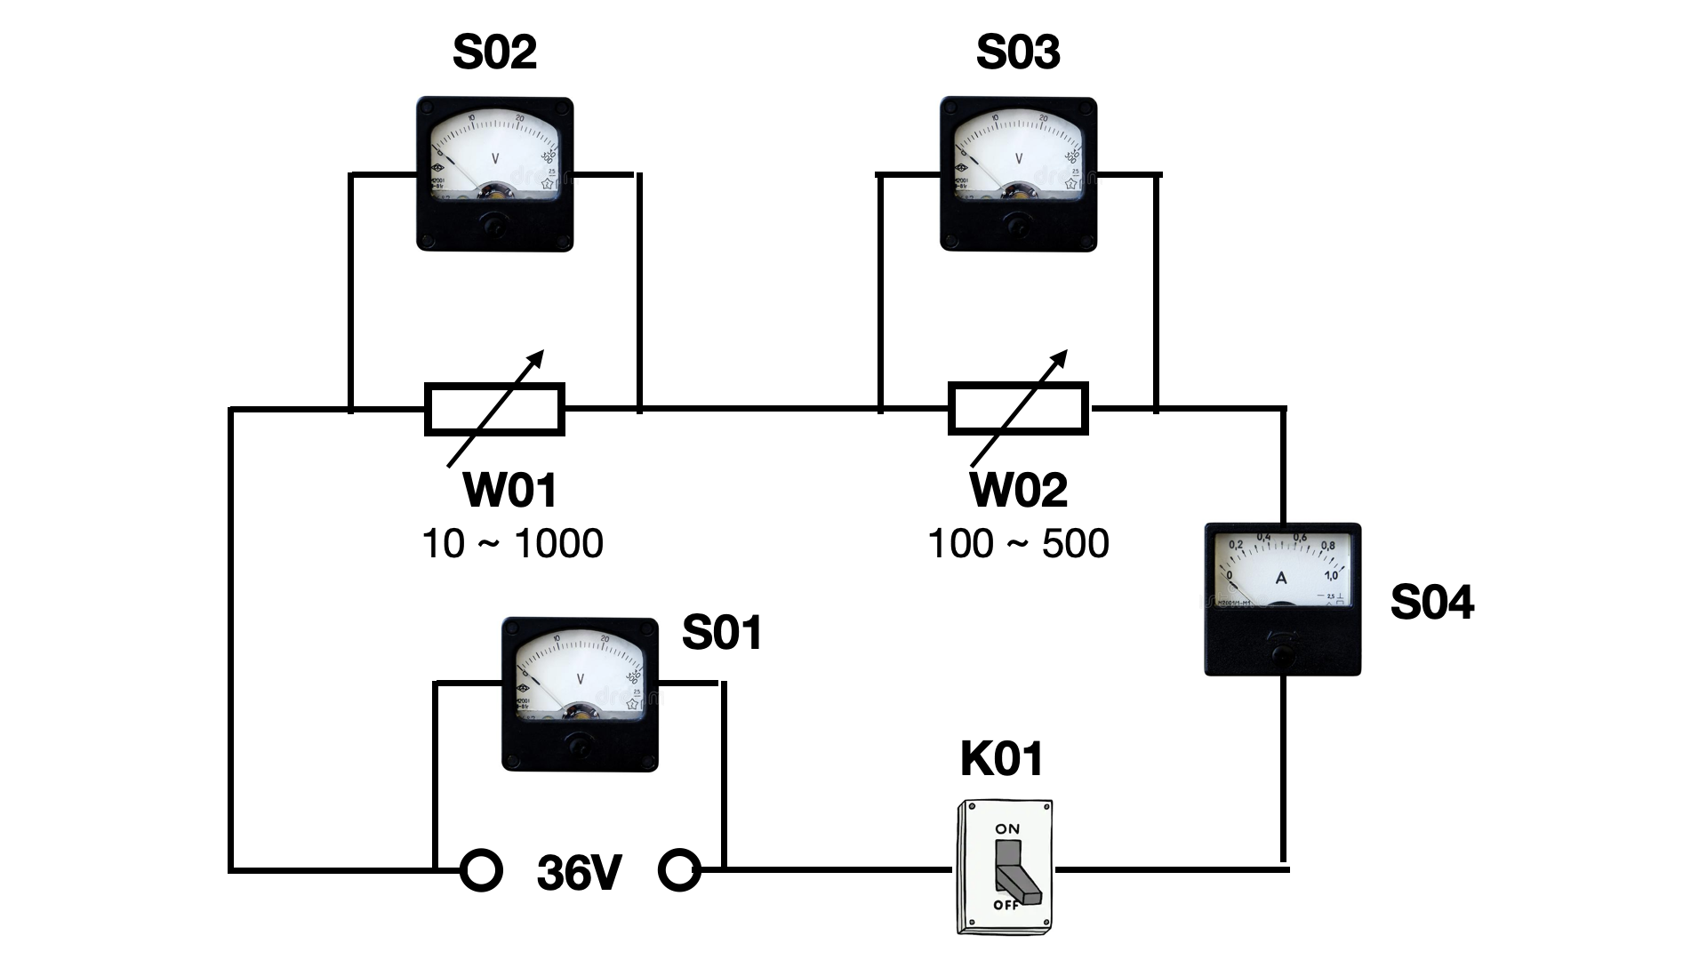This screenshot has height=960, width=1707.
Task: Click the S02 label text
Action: point(494,52)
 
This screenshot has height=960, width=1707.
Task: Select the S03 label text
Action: point(1018,52)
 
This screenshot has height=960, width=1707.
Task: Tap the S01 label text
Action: point(721,633)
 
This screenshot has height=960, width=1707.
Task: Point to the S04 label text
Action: point(1431,602)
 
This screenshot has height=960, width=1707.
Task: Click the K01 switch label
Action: point(1001,758)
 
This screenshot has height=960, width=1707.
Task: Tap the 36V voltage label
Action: point(579,874)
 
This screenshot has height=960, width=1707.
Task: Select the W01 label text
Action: point(510,490)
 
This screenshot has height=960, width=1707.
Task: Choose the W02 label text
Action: point(1018,490)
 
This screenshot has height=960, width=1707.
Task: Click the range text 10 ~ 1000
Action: point(513,543)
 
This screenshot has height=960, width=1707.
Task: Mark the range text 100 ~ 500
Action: point(1018,543)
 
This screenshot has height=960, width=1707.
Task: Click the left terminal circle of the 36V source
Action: point(481,871)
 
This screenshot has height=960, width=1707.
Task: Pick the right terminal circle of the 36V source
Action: point(679,871)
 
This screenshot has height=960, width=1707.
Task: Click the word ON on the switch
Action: point(1007,828)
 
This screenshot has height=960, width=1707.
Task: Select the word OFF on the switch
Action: point(1006,905)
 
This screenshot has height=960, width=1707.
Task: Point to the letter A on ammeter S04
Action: point(1281,578)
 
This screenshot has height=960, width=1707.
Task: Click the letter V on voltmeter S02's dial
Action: point(495,158)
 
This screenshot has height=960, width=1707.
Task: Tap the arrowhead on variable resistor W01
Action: point(535,357)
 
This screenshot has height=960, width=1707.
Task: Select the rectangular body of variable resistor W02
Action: point(1018,409)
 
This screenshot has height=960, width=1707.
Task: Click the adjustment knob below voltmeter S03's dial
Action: point(1018,228)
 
